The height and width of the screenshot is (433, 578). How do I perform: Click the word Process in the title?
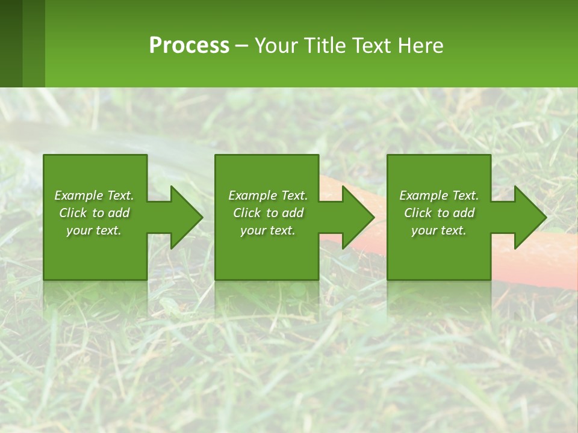point(189,46)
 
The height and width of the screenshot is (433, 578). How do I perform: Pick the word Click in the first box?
point(73,213)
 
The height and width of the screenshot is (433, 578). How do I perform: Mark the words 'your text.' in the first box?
point(94,230)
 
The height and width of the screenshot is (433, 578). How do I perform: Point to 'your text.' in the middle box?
point(267,230)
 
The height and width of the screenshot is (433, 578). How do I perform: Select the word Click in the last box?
point(418,213)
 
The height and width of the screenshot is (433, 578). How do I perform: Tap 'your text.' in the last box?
point(439,230)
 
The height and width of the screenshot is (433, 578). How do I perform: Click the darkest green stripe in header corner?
point(11,43)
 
